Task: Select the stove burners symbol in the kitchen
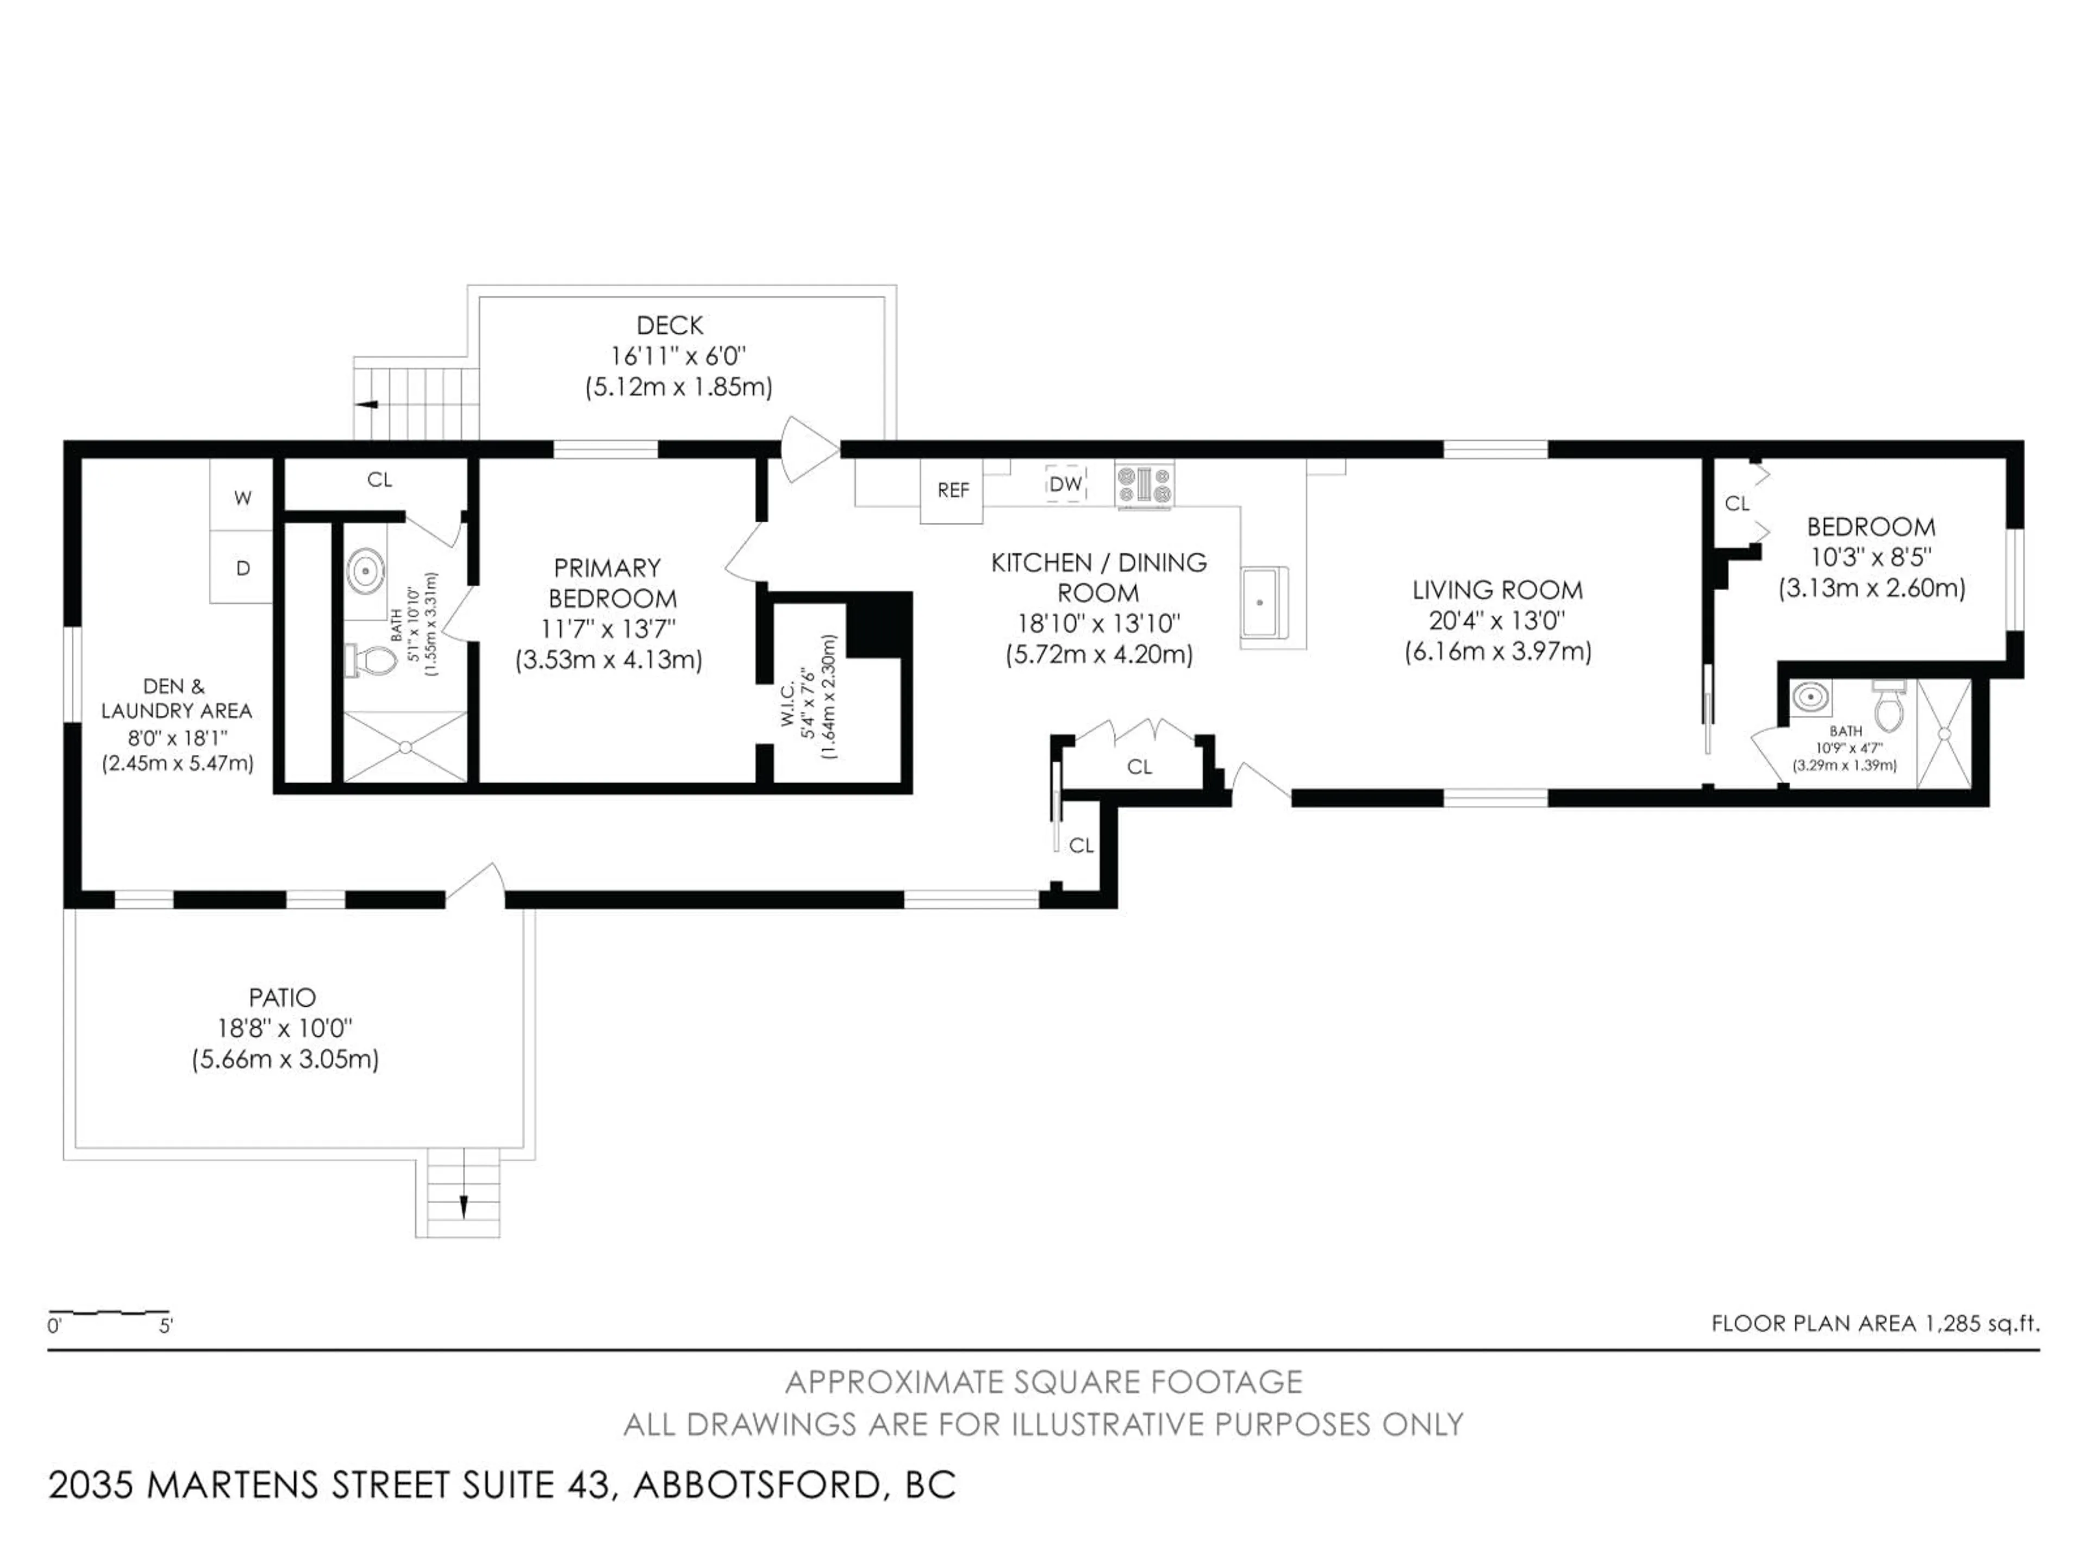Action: click(x=1145, y=485)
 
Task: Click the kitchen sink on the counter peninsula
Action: click(x=1263, y=602)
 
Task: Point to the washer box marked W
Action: click(x=242, y=497)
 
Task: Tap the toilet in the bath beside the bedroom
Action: click(x=1889, y=709)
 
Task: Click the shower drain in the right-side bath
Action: click(x=1944, y=733)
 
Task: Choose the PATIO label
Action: click(x=282, y=997)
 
